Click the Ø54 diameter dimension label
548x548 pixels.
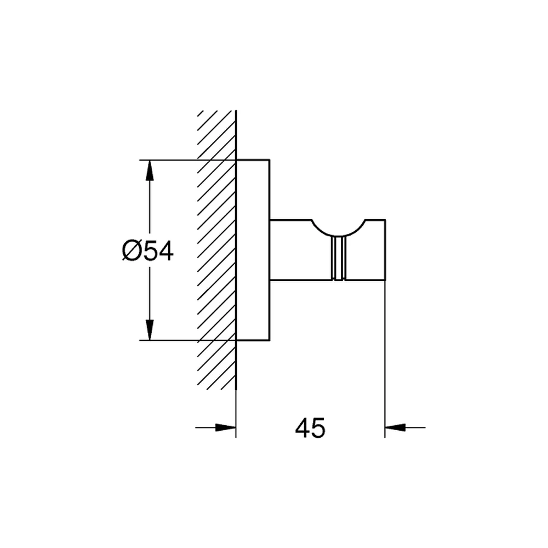pyautogui.click(x=147, y=251)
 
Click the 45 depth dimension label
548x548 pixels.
pyautogui.click(x=310, y=428)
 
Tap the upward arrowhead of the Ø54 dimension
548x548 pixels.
pyautogui.click(x=150, y=170)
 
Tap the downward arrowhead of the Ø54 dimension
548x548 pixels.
pyautogui.click(x=150, y=329)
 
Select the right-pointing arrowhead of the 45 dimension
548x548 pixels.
pyautogui.click(x=226, y=427)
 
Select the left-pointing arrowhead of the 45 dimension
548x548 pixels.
pyautogui.click(x=395, y=427)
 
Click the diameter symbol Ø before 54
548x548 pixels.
pyautogui.click(x=131, y=252)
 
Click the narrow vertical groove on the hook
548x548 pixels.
pyautogui.click(x=338, y=258)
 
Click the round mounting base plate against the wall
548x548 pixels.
pyautogui.click(x=253, y=250)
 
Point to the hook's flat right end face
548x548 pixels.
pyautogui.click(x=385, y=250)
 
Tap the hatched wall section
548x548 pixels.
pyautogui.click(x=216, y=250)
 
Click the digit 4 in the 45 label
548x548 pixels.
pyautogui.click(x=302, y=428)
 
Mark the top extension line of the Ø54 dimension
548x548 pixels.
pyautogui.click(x=187, y=160)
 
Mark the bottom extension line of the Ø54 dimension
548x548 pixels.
pyautogui.click(x=187, y=340)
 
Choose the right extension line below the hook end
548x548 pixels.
pyautogui.click(x=385, y=359)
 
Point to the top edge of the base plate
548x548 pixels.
pyautogui.click(x=253, y=160)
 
